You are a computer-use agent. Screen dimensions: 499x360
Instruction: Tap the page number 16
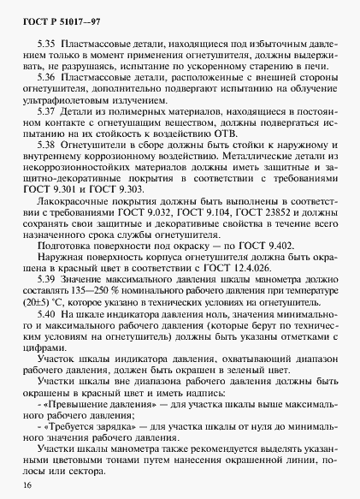(28, 484)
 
